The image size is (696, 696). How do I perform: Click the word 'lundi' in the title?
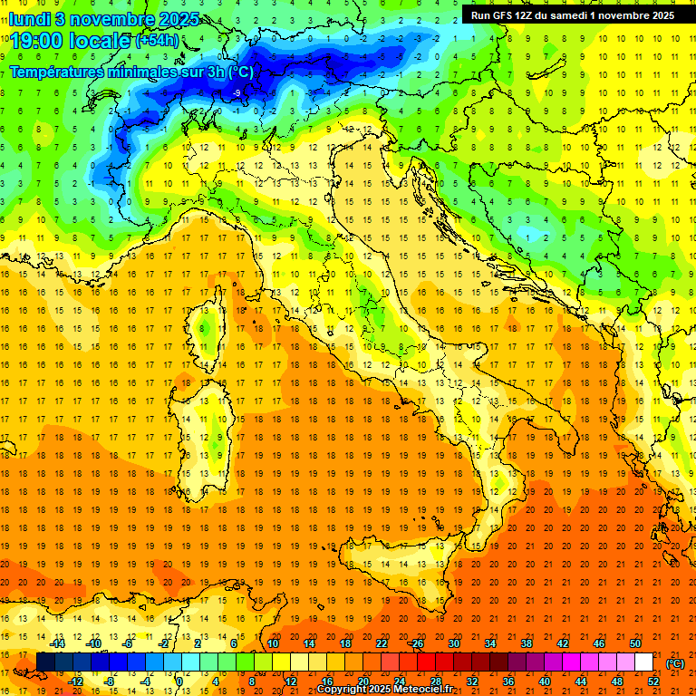pyautogui.click(x=31, y=18)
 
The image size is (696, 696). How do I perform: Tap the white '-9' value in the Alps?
pyautogui.click(x=237, y=93)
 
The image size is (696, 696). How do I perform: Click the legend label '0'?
pyautogui.click(x=179, y=681)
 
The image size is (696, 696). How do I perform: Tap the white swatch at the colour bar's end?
pyautogui.click(x=643, y=662)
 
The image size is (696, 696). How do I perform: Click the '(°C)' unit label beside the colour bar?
pyautogui.click(x=675, y=663)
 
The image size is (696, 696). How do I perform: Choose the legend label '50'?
pyautogui.click(x=635, y=643)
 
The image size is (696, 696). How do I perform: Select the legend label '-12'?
pyautogui.click(x=76, y=681)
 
